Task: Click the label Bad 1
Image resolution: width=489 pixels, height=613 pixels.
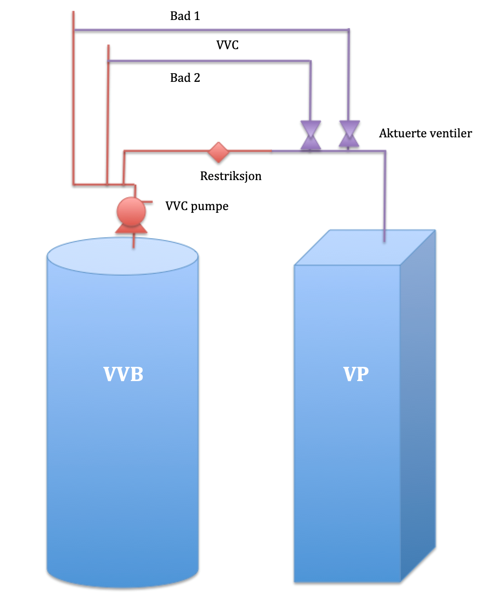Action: click(x=185, y=16)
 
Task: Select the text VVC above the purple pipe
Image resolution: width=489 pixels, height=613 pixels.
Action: click(x=227, y=45)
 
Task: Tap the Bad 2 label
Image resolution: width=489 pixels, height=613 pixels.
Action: click(x=185, y=78)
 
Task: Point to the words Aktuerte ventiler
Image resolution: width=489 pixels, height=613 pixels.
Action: click(x=425, y=133)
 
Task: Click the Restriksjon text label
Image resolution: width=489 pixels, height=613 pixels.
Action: click(x=230, y=176)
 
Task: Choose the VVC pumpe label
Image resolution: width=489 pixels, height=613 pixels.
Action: click(x=197, y=206)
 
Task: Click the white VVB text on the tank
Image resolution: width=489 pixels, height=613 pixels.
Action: click(x=123, y=375)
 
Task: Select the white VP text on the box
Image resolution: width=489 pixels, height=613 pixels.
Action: click(x=356, y=374)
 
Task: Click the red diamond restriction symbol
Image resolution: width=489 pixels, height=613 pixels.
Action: click(x=219, y=152)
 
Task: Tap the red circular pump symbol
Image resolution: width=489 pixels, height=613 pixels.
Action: click(x=131, y=211)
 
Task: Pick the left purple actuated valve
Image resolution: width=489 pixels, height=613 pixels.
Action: click(x=311, y=135)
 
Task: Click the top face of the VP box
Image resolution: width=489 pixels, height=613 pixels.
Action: click(x=364, y=248)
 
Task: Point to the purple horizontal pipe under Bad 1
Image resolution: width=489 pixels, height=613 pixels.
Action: click(x=209, y=30)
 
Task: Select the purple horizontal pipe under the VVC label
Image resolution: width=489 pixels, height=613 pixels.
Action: click(x=209, y=61)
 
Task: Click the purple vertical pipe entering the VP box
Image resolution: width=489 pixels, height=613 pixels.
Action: click(x=384, y=196)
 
